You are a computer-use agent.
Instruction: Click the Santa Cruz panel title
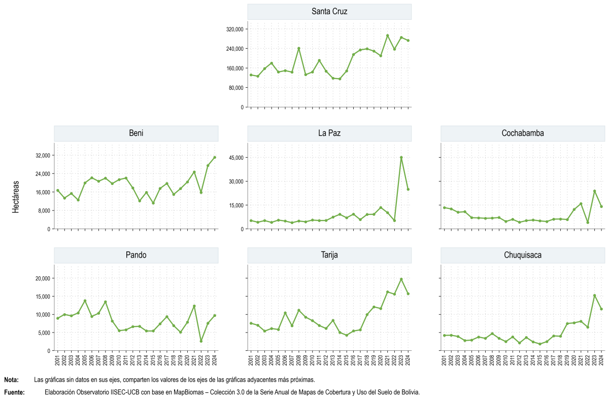pyautogui.click(x=329, y=11)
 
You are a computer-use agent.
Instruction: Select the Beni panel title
pyautogui.click(x=136, y=133)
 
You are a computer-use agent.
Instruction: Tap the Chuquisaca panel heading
pyautogui.click(x=523, y=255)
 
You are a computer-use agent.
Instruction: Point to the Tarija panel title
pyautogui.click(x=329, y=255)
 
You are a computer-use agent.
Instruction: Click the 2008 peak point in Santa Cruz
pyautogui.click(x=298, y=48)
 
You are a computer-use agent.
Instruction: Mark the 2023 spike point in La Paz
pyautogui.click(x=401, y=158)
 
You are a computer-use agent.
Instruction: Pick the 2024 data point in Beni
pyautogui.click(x=215, y=157)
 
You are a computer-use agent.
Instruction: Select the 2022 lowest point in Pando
pyautogui.click(x=201, y=341)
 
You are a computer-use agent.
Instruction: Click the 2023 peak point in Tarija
pyautogui.click(x=401, y=279)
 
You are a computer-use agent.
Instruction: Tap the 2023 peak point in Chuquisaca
pyautogui.click(x=595, y=296)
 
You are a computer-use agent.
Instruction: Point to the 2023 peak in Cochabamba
pyautogui.click(x=595, y=191)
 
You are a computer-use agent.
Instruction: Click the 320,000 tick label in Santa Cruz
pyautogui.click(x=235, y=29)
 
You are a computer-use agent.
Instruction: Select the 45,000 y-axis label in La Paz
pyautogui.click(x=236, y=158)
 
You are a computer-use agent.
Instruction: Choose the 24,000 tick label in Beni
pyautogui.click(x=43, y=174)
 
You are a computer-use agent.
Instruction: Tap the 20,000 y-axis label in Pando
pyautogui.click(x=43, y=278)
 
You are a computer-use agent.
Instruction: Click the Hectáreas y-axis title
pyautogui.click(x=16, y=197)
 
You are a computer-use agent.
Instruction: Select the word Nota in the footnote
pyautogui.click(x=11, y=380)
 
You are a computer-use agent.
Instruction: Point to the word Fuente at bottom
pyautogui.click(x=14, y=392)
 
